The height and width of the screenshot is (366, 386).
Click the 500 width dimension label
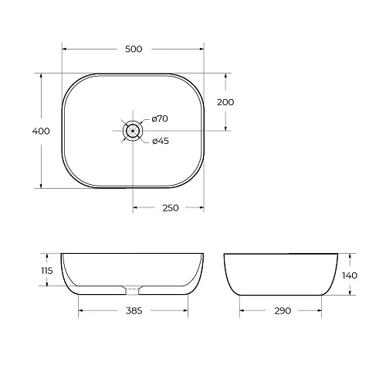tap(134, 50)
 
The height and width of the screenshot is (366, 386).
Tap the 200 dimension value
tap(225, 102)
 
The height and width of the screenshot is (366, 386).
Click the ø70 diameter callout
tap(160, 118)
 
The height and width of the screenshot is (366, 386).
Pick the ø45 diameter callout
tap(160, 141)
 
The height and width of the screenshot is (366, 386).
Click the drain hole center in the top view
tap(134, 131)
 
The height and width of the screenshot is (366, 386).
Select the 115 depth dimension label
tap(46, 271)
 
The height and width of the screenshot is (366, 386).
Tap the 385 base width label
tap(134, 311)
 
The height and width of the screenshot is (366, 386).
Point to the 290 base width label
tap(282, 311)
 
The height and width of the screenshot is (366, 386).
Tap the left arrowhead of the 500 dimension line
tap(64, 50)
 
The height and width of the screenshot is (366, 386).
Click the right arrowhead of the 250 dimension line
tap(202, 207)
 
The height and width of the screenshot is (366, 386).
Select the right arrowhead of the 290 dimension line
tap(323, 311)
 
